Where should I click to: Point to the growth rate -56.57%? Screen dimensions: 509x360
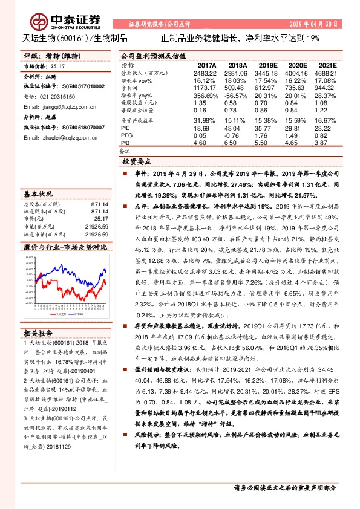tap(237, 96)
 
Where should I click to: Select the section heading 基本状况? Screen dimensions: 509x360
tap(38, 195)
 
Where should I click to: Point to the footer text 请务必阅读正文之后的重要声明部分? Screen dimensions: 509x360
tap(284, 487)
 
